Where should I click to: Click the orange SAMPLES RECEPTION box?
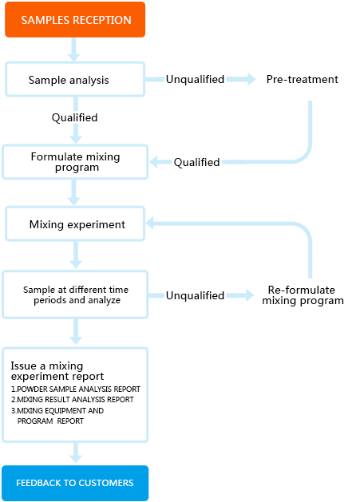click(x=75, y=19)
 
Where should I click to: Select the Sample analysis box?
click(x=75, y=79)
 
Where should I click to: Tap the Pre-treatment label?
click(x=302, y=79)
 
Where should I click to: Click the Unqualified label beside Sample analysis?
click(x=195, y=79)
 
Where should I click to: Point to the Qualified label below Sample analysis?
click(x=74, y=117)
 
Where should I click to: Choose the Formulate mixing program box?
click(x=75, y=162)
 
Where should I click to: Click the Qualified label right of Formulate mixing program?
click(x=196, y=162)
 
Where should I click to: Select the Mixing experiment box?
click(x=75, y=223)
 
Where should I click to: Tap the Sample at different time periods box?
click(x=75, y=294)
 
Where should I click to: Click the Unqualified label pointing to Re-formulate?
click(x=195, y=295)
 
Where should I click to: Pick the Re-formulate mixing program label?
click(x=303, y=295)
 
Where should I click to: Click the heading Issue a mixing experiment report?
click(x=57, y=371)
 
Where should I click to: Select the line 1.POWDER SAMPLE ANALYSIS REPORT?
click(x=76, y=389)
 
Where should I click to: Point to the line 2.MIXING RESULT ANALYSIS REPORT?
click(x=73, y=400)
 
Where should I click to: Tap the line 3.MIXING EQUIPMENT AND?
click(x=57, y=410)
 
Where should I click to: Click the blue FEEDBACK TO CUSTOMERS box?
click(x=75, y=483)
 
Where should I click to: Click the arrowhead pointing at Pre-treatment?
click(x=251, y=79)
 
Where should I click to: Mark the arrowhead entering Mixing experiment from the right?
click(x=150, y=223)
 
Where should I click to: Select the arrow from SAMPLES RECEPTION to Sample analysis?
click(x=74, y=49)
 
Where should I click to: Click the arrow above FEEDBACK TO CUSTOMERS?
click(x=76, y=453)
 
